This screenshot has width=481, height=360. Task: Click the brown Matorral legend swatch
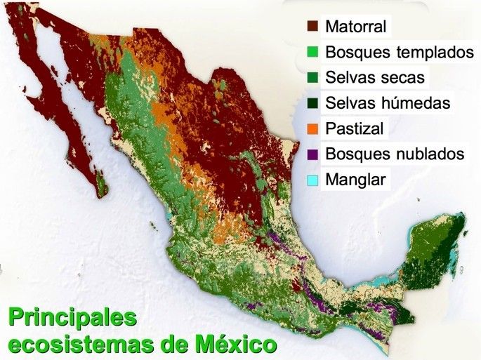(x=313, y=27)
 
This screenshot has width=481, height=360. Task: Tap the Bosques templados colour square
(x=313, y=53)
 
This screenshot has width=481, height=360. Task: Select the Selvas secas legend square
(x=313, y=78)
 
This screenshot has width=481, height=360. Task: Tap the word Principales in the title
(x=72, y=319)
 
